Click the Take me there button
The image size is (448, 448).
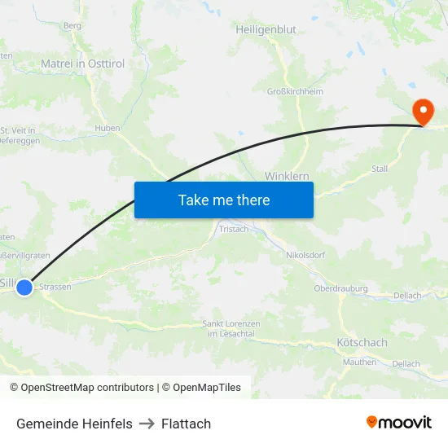pos(223,200)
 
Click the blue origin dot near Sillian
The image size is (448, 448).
pos(24,287)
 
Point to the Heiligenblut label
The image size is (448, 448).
pos(266,29)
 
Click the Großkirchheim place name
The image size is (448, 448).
pos(295,91)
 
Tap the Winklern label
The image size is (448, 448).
pos(286,176)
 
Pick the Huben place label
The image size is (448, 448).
pos(108,128)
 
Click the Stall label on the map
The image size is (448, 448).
pos(380,169)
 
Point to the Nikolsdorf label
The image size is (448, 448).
pos(305,255)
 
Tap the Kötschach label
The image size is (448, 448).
pos(362,343)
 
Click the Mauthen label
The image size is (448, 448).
pos(359,362)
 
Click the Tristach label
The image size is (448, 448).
pos(234,230)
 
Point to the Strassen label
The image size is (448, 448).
pos(55,287)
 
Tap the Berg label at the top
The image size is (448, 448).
pos(72,25)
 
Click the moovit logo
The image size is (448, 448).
pos(399,423)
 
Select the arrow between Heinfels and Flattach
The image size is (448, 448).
pos(147,424)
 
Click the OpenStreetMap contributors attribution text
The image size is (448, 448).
pos(87,388)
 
